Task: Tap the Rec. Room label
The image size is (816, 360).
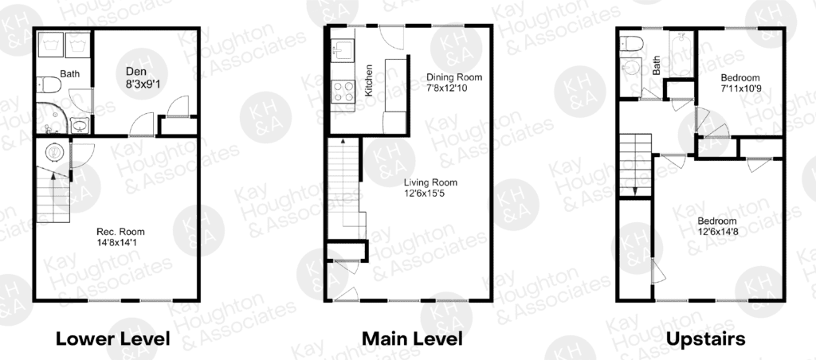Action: coord(121,232)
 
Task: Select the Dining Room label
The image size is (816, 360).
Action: coord(454,77)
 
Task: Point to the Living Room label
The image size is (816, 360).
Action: coord(431,182)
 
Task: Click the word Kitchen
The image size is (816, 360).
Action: coord(368,80)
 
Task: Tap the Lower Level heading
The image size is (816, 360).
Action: coord(112,339)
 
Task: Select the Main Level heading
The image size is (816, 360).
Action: coord(412,339)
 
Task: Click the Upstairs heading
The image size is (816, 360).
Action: coord(706,340)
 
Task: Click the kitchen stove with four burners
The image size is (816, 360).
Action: coord(342,91)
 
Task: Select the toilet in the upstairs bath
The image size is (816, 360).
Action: coord(631,44)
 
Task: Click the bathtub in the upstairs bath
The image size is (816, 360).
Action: coord(681,55)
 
